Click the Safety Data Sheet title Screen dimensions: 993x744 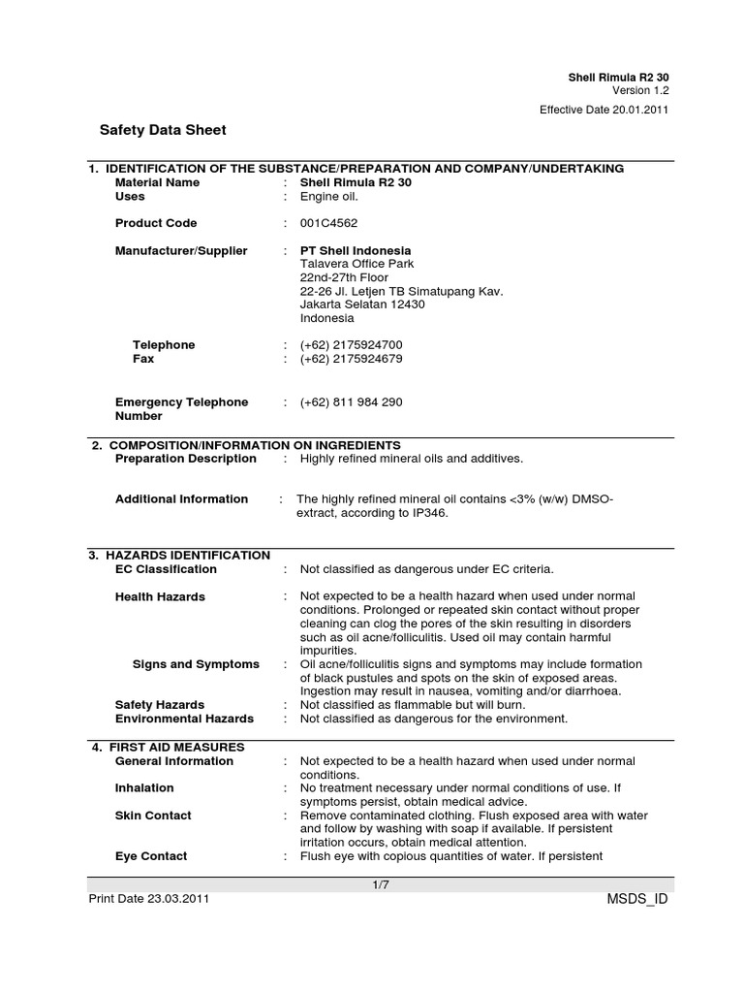coord(163,130)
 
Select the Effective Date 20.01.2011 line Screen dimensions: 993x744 coord(604,110)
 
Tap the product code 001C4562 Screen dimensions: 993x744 coord(328,223)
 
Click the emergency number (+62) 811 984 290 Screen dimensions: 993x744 coord(351,402)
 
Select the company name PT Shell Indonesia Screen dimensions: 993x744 coord(356,250)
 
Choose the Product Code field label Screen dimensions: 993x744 coord(156,223)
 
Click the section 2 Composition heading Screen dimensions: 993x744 coord(246,445)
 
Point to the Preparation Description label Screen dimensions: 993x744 coord(186,459)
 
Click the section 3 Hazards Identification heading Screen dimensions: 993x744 coord(179,556)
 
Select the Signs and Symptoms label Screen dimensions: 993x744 coord(196,664)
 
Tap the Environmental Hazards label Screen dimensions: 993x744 coord(184,719)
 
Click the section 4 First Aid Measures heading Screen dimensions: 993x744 coord(168,748)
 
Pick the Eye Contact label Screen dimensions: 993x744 coord(151,856)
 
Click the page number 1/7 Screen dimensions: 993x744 coord(380,884)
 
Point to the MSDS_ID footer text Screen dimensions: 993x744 coord(635,899)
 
